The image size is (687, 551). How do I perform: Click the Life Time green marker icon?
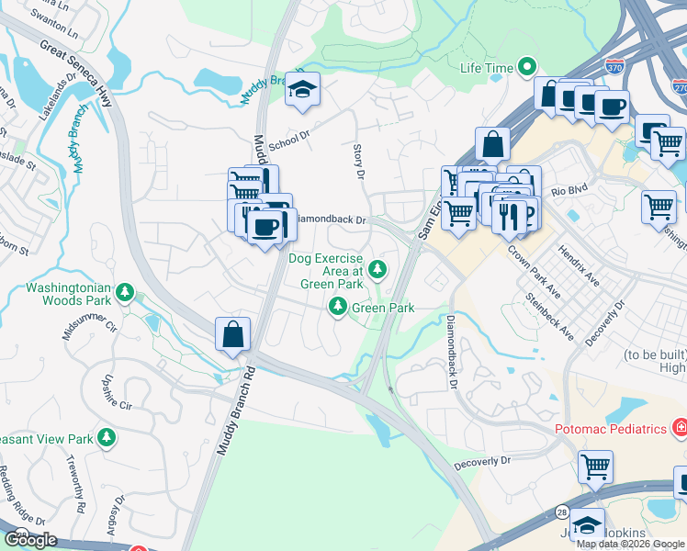pos(527,67)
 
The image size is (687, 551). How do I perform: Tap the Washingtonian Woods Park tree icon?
pos(125,294)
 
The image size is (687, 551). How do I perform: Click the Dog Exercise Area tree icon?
pos(377,269)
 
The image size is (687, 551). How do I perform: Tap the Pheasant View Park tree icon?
pos(107,437)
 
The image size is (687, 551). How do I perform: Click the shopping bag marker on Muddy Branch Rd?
pos(233,334)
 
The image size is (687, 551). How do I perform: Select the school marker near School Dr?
pos(300,89)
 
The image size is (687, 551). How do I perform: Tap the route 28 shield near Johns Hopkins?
pos(561,512)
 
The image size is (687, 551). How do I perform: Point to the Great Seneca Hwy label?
pos(78,72)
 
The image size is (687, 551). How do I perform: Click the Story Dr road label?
pos(359,155)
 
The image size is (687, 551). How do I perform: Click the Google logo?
pos(30,540)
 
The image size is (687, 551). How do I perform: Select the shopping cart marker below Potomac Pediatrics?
pos(595,467)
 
